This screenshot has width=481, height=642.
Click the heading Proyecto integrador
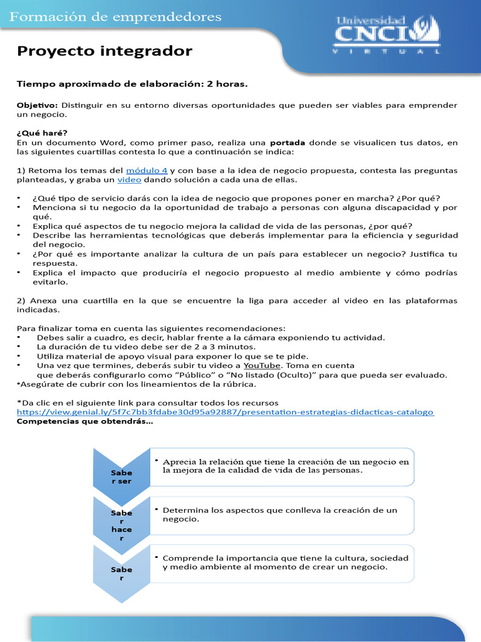point(105,51)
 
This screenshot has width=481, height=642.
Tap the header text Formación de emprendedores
point(116,17)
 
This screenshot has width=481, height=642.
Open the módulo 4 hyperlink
point(147,171)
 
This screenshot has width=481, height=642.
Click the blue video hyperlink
point(129,180)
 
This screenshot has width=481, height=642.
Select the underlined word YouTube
point(262,365)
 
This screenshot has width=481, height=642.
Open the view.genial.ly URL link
point(225,412)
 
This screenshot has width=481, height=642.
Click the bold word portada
point(287,142)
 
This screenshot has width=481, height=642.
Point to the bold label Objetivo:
point(37,105)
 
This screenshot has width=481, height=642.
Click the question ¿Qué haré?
point(42,132)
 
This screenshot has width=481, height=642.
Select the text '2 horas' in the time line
point(227,83)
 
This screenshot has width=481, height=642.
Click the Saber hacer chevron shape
point(122,521)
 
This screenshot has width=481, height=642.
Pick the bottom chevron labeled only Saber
point(122,572)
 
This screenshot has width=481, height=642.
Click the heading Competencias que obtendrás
point(85,421)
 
